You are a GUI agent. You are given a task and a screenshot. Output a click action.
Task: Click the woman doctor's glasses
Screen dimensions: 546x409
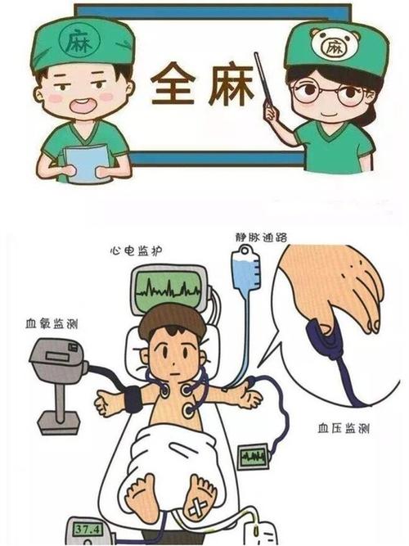(331, 91)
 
